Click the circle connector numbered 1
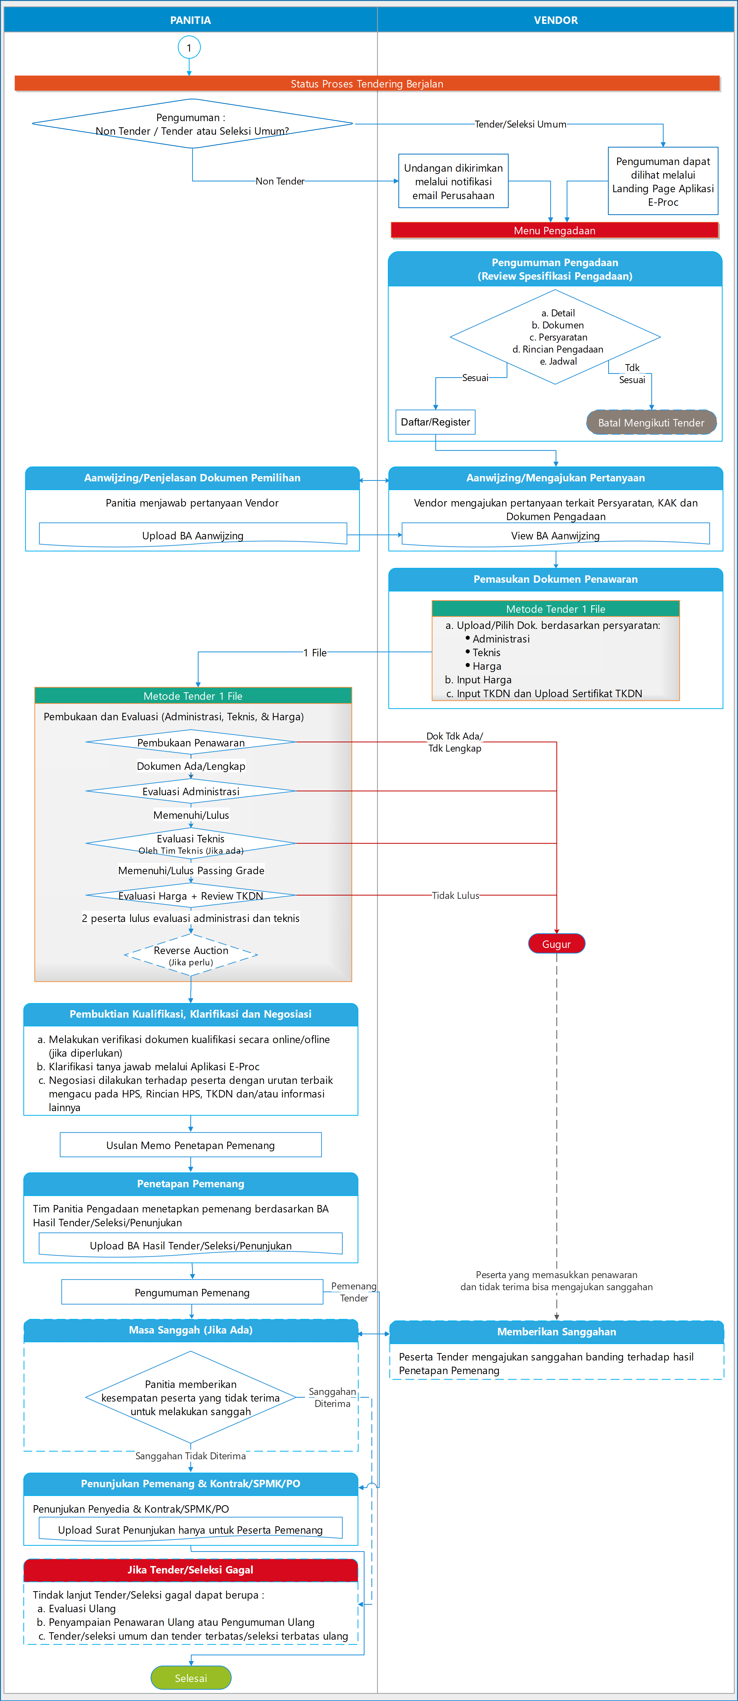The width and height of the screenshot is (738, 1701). click(189, 47)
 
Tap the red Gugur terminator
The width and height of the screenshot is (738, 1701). click(556, 944)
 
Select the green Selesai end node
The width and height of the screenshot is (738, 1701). click(191, 1677)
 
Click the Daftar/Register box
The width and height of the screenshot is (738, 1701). click(435, 422)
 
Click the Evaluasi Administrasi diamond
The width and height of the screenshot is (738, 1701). click(191, 791)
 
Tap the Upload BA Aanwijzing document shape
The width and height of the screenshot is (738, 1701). click(193, 535)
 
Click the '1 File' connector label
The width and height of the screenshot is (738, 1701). click(315, 652)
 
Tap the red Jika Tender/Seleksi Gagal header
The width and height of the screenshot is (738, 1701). click(191, 1570)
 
